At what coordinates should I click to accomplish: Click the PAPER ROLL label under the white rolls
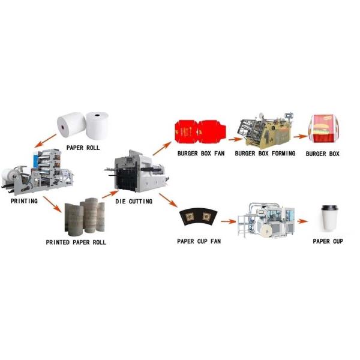click(x=83, y=147)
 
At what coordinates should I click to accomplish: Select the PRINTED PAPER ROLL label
click(x=82, y=242)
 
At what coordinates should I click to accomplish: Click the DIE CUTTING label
click(x=133, y=202)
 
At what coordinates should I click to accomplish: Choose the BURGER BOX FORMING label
click(x=265, y=154)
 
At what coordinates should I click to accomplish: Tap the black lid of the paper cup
click(x=328, y=208)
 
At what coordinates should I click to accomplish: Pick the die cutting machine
click(x=136, y=172)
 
